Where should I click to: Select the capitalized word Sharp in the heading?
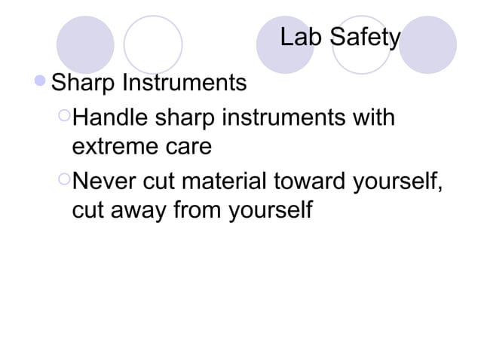(x=82, y=82)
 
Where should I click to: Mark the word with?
(x=375, y=118)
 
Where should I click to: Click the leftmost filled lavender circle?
(x=84, y=44)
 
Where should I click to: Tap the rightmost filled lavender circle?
(x=427, y=44)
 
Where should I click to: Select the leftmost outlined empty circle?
(x=153, y=44)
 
